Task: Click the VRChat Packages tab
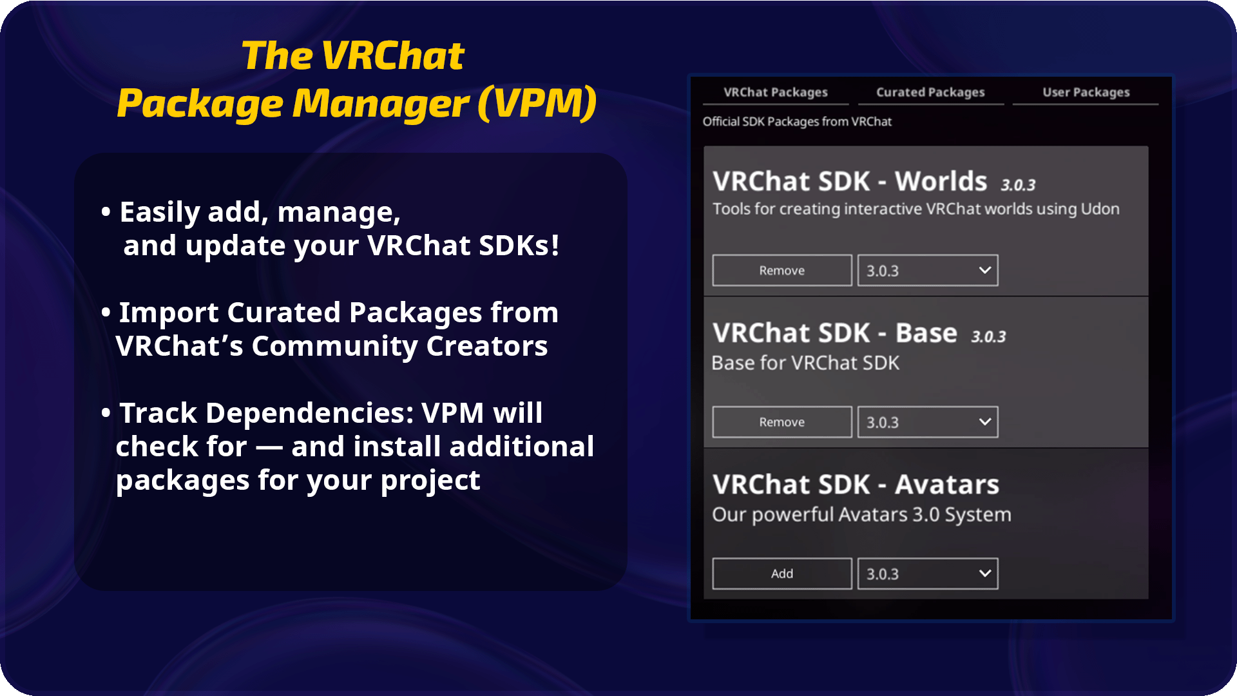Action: [x=776, y=92]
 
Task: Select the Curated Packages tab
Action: [x=930, y=92]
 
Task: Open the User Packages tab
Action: [x=1086, y=92]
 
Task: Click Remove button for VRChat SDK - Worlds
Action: [x=782, y=271]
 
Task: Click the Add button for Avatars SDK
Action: [x=782, y=574]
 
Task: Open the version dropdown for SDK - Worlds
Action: [x=928, y=271]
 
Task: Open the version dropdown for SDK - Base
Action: [x=928, y=422]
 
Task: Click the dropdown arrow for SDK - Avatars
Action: [x=984, y=573]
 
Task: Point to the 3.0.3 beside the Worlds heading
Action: [x=1018, y=186]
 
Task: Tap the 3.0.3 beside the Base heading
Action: [x=988, y=337]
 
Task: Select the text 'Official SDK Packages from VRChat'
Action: [x=797, y=122]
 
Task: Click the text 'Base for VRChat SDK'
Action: [x=805, y=363]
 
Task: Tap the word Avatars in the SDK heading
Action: [x=947, y=485]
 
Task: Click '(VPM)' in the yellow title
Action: [x=537, y=103]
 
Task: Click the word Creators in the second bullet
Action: [x=487, y=346]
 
